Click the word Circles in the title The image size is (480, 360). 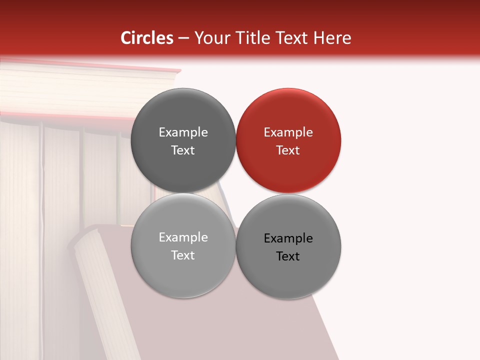(147, 38)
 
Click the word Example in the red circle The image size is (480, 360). (288, 132)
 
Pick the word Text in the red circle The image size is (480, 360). (288, 150)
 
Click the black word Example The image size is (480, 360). (288, 238)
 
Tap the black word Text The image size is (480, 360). (288, 256)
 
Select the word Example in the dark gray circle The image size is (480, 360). (183, 132)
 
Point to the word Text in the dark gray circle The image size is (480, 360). (183, 150)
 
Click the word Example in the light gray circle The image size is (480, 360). (183, 237)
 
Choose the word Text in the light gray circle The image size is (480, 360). (183, 255)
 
